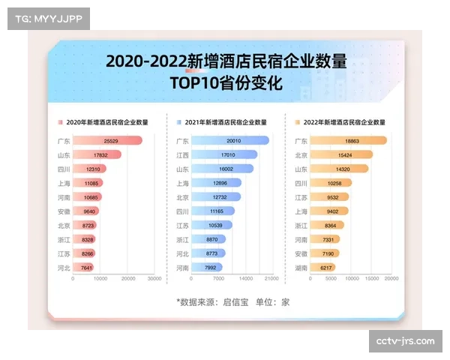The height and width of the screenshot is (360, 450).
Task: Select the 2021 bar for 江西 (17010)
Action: point(225,154)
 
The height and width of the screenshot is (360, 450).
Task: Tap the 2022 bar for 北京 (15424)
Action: point(341,154)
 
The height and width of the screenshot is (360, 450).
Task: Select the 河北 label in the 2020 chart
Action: point(64,267)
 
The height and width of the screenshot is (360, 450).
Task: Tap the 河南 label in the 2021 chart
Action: point(182,267)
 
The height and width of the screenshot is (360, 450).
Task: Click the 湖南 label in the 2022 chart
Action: point(301,267)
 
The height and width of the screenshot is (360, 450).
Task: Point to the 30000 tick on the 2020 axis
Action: point(154,279)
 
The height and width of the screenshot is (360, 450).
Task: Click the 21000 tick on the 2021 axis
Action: point(271,279)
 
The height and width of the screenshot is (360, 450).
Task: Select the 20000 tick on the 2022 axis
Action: point(390,279)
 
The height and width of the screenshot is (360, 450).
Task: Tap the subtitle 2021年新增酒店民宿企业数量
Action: point(226,121)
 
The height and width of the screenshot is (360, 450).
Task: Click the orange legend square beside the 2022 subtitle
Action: point(297,121)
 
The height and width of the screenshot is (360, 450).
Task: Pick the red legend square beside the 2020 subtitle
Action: point(60,121)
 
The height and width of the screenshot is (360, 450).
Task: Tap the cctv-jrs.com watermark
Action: point(405,341)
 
